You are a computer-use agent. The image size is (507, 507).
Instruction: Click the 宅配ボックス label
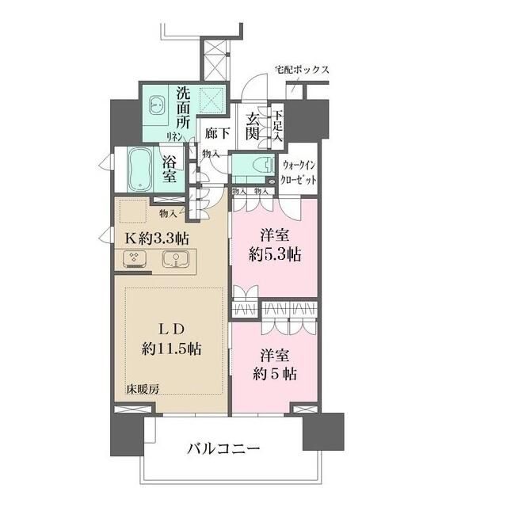coord(302,70)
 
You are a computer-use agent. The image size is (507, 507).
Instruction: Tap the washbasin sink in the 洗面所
coord(155,102)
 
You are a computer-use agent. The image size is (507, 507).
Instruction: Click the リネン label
coord(175,136)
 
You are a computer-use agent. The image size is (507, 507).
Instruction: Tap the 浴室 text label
coord(170,168)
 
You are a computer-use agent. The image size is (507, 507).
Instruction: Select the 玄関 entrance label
coord(253,126)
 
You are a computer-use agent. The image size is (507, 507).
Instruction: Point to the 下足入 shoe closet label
coord(277,125)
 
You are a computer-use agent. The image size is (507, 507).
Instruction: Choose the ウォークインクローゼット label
coord(299,172)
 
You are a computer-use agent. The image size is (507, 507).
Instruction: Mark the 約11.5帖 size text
coord(166,349)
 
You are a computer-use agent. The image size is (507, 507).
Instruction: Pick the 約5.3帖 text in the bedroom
coord(274,254)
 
